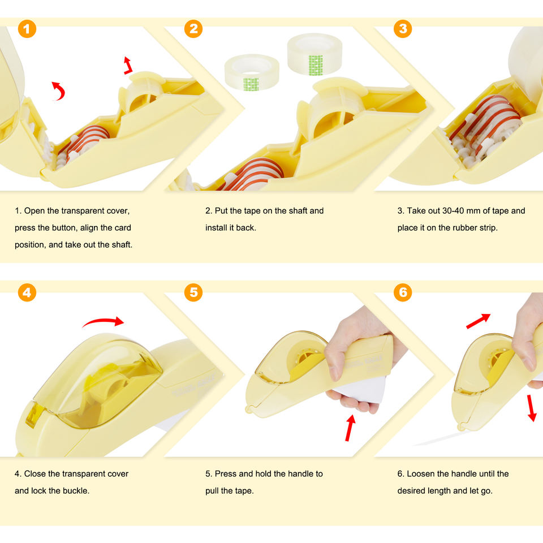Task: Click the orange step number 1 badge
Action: point(27,29)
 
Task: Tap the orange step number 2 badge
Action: point(193,29)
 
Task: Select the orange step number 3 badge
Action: point(403,29)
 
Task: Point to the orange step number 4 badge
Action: point(27,292)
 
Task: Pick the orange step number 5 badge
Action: point(193,292)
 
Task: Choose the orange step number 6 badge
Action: point(403,292)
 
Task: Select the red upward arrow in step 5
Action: point(351,428)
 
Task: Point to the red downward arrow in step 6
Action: point(532,408)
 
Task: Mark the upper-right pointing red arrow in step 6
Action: point(479,321)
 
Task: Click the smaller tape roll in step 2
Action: point(252,72)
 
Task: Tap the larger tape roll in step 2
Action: point(314,54)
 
